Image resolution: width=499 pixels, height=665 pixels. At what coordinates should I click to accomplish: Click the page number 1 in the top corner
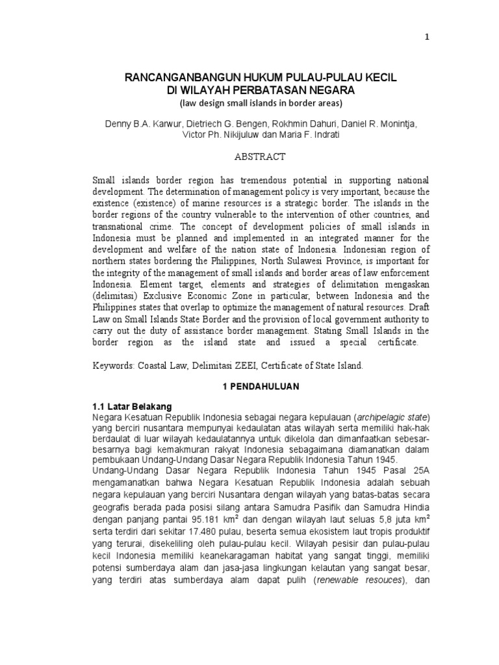point(427,37)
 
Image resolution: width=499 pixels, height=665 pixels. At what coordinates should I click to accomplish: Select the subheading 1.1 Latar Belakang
point(132,406)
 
